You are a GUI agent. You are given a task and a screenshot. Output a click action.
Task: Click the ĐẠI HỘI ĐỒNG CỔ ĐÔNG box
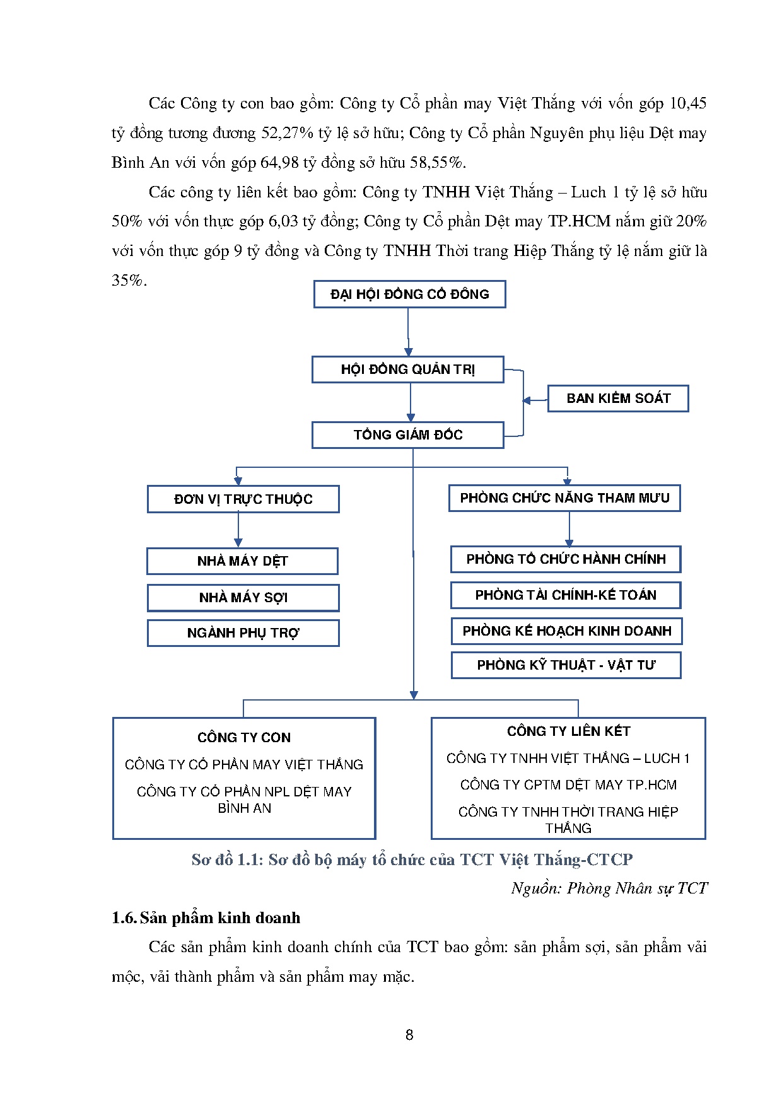click(x=409, y=294)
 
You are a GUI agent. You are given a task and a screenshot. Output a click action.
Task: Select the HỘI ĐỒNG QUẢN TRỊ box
click(x=407, y=370)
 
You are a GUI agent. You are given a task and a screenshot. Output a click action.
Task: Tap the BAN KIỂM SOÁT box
click(x=617, y=399)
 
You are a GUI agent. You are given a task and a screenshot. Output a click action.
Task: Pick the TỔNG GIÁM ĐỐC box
click(x=407, y=435)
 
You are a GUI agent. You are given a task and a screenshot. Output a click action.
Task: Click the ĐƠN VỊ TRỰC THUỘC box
click(x=243, y=499)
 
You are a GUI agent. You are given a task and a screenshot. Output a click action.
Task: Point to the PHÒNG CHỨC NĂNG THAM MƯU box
click(x=564, y=498)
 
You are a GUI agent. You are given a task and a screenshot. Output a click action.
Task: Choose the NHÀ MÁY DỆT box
click(x=242, y=561)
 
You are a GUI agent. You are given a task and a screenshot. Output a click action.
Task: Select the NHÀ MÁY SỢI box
click(x=243, y=598)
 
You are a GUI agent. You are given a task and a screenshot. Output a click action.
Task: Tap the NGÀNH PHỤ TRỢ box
click(x=243, y=633)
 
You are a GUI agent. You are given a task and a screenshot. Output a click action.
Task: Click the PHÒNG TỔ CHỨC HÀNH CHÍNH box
click(x=566, y=559)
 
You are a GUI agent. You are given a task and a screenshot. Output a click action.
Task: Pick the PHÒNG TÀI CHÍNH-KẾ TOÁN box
click(x=566, y=595)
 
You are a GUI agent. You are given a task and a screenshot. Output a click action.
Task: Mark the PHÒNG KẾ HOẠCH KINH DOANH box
click(x=566, y=631)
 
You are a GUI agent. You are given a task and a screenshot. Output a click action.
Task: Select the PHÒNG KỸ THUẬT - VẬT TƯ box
click(x=566, y=665)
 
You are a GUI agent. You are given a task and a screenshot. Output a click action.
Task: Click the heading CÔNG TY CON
click(x=244, y=738)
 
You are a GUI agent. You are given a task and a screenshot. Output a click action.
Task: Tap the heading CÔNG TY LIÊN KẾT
click(x=568, y=731)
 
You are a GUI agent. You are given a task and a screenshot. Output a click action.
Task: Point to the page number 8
click(x=409, y=1035)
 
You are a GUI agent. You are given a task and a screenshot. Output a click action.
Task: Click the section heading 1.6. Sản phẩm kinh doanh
click(x=206, y=918)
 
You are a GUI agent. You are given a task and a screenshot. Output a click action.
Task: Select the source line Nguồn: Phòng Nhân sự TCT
click(x=609, y=888)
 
